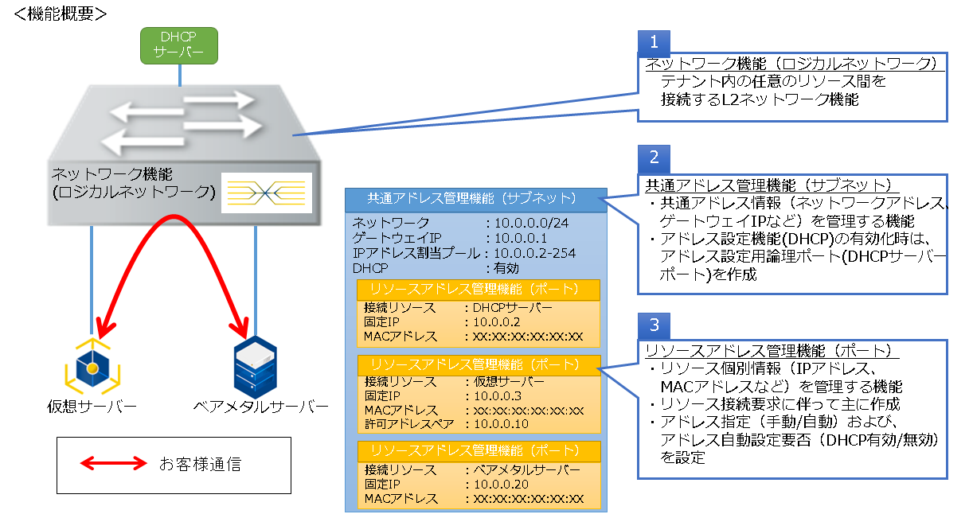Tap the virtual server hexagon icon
[91, 365]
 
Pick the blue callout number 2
[654, 156]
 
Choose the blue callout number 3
[654, 325]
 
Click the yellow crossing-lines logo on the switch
[266, 192]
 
